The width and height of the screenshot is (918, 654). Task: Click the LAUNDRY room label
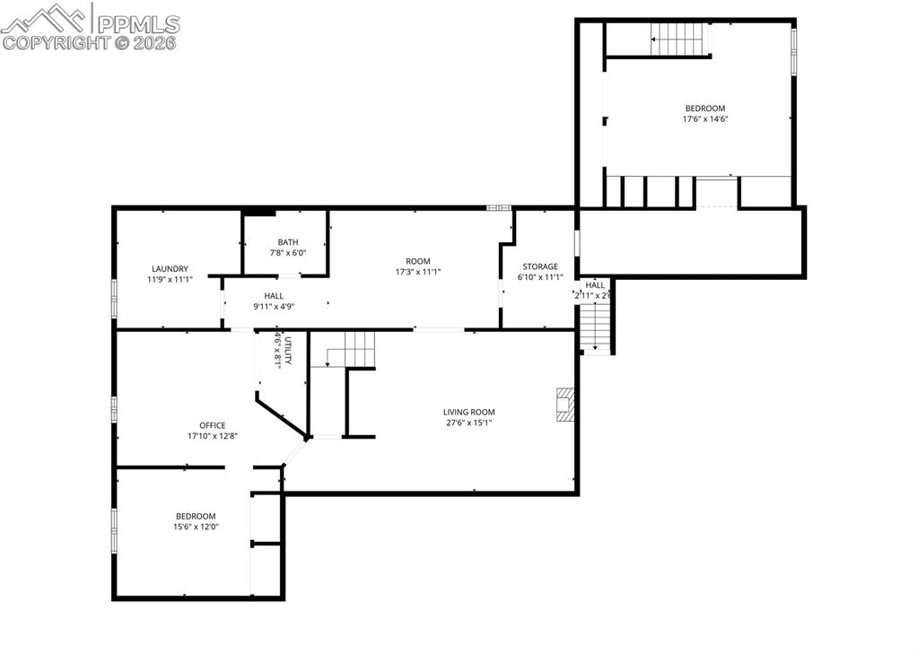tap(170, 268)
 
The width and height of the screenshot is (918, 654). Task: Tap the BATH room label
tap(288, 241)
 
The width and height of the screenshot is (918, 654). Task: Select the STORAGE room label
tap(540, 266)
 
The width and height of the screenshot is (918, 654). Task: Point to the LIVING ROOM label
tap(469, 412)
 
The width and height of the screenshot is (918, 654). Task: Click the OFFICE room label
tap(213, 425)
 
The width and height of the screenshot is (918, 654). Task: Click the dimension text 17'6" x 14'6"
tap(704, 118)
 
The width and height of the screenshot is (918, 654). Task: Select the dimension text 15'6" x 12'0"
tap(196, 527)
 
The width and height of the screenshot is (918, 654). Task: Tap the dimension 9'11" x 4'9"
tap(274, 306)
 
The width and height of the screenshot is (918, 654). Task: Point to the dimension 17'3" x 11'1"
tap(418, 272)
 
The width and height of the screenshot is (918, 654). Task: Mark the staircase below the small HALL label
tap(595, 327)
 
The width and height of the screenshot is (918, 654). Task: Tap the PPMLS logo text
tap(137, 23)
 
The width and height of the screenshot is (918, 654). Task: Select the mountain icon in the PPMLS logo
tap(47, 17)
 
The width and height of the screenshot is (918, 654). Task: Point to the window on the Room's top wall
tap(498, 208)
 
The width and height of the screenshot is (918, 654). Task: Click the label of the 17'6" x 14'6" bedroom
tap(704, 109)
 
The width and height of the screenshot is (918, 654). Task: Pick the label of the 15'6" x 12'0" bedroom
tap(196, 516)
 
